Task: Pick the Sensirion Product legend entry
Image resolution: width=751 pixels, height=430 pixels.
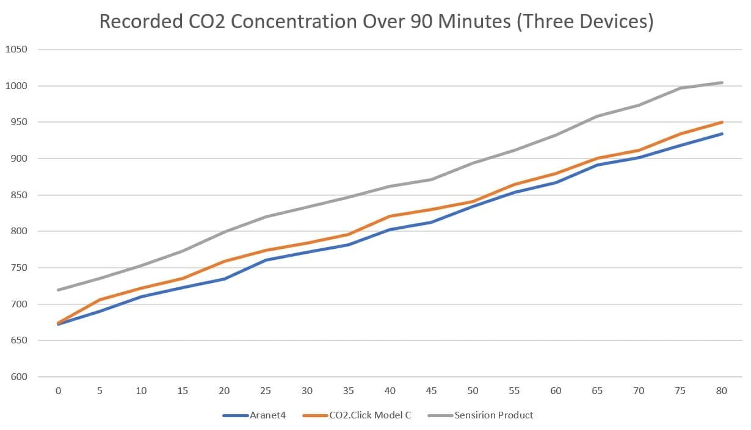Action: pyautogui.click(x=493, y=415)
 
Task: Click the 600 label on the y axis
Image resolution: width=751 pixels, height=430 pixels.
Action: pyautogui.click(x=18, y=377)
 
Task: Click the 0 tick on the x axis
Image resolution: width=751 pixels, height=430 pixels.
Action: pyautogui.click(x=59, y=391)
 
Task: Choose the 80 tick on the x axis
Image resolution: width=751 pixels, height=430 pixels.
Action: pyautogui.click(x=721, y=391)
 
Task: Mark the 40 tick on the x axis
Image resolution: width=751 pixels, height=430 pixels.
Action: pyautogui.click(x=390, y=391)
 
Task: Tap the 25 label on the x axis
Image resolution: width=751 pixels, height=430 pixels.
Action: pyautogui.click(x=266, y=391)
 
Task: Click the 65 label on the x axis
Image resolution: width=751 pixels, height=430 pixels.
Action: pyautogui.click(x=597, y=391)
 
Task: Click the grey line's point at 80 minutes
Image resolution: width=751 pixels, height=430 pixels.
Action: pyautogui.click(x=722, y=82)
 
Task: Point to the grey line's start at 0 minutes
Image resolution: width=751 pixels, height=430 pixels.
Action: pyautogui.click(x=59, y=290)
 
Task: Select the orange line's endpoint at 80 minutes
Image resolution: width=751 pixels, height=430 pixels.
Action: pyautogui.click(x=722, y=122)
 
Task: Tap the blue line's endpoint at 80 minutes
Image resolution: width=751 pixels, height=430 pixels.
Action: pyautogui.click(x=722, y=134)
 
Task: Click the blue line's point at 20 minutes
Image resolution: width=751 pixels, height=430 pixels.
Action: pyautogui.click(x=224, y=279)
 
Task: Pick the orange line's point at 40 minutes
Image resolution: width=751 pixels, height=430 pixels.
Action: pyautogui.click(x=390, y=216)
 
